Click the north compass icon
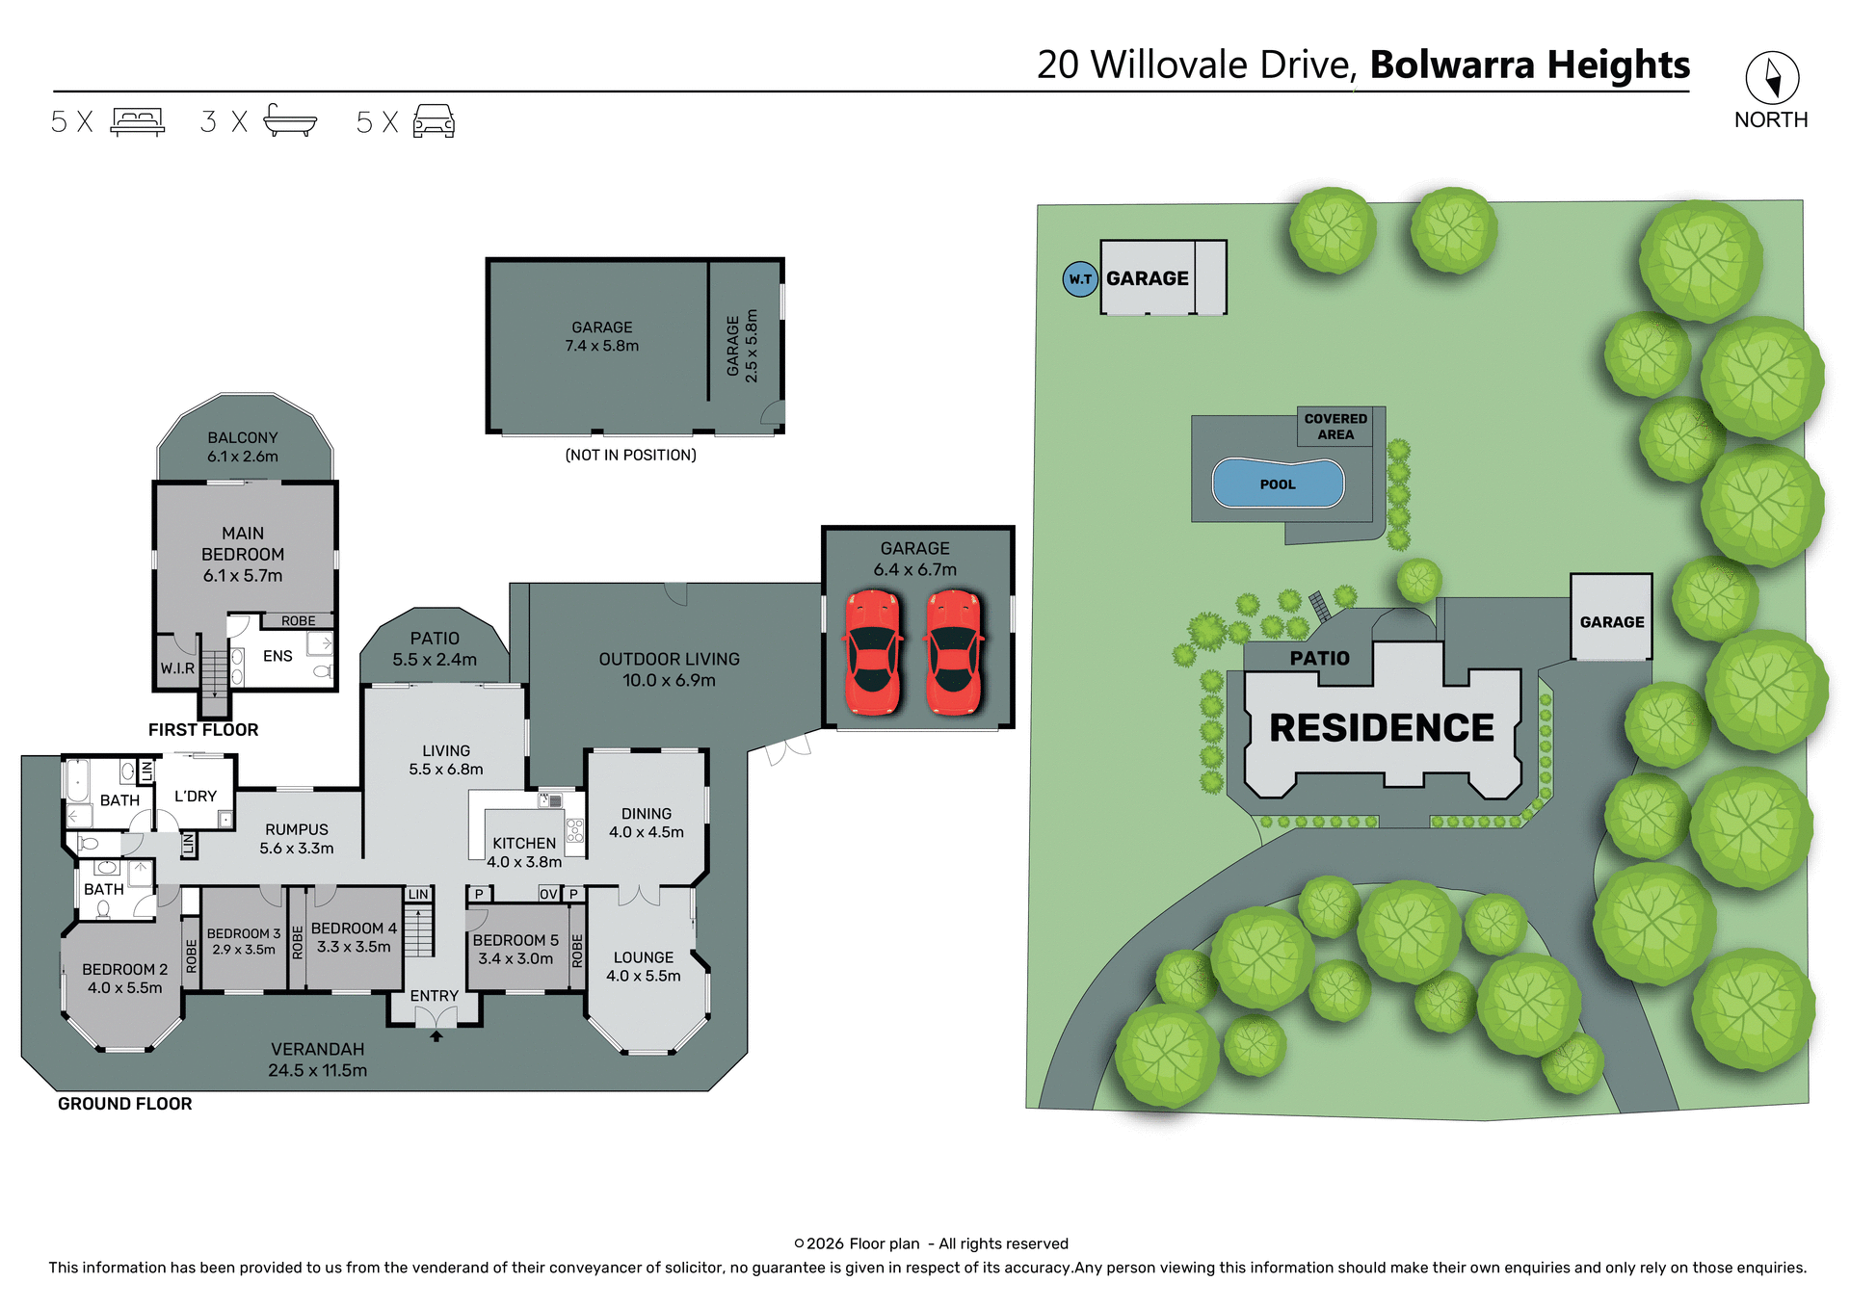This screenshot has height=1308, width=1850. point(1771,78)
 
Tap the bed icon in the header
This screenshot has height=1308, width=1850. point(138,121)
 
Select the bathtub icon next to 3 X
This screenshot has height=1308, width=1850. point(289,120)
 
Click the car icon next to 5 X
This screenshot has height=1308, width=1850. point(434,121)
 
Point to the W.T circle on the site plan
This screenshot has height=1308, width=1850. point(1079,279)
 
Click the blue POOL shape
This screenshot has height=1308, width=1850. point(1278,484)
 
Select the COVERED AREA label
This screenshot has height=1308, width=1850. point(1335,427)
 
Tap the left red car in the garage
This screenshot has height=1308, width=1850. point(873,653)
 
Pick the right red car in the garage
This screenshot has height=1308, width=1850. point(954,653)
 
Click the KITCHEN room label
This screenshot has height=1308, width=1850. point(524,843)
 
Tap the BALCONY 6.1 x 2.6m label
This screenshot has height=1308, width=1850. point(243,447)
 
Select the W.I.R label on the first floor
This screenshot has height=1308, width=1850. point(177,667)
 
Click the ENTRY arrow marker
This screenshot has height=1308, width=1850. point(436,1036)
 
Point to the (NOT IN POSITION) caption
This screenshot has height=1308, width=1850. point(630,455)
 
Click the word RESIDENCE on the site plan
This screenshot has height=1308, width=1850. point(1381,728)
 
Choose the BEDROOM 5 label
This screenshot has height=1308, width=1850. point(515,940)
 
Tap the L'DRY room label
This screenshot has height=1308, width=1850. point(196,796)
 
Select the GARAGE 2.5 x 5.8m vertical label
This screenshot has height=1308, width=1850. point(742,345)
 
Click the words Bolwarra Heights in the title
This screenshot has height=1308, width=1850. point(1529,65)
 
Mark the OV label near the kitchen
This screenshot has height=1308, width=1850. point(548,894)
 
